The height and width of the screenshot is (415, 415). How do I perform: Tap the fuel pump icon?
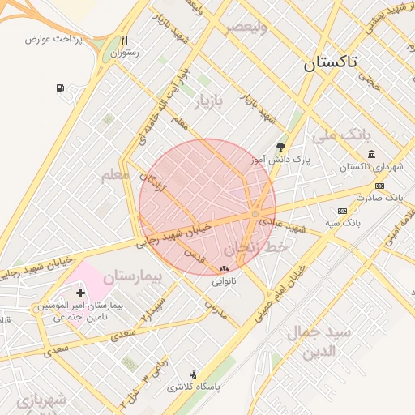point(61,88)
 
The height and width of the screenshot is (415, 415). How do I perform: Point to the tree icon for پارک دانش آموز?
point(280,147)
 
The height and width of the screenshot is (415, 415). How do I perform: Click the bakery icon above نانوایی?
point(224,268)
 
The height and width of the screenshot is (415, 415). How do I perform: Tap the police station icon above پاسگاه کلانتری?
point(193,374)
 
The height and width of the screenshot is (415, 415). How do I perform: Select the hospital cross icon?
point(80,293)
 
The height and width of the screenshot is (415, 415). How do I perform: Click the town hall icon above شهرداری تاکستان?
point(371,155)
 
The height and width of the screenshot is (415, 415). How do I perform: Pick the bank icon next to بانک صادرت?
point(379,186)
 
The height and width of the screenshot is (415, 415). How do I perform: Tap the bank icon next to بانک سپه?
point(342,211)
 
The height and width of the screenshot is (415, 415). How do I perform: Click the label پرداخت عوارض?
point(50,39)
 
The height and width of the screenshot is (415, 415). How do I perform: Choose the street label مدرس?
point(212,308)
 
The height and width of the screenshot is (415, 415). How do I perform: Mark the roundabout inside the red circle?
point(255,214)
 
